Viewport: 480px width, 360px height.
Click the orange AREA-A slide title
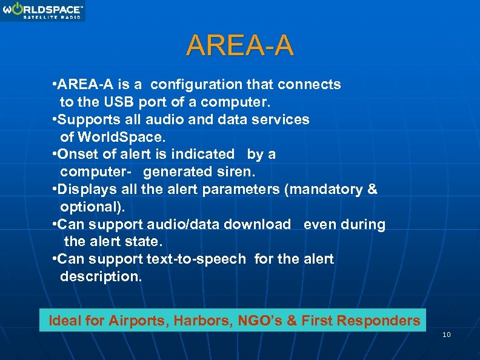[x=240, y=45]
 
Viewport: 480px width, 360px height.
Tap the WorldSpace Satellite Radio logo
[x=43, y=11]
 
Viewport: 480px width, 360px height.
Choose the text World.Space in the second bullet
[x=116, y=137]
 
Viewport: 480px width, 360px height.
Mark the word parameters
[x=244, y=190]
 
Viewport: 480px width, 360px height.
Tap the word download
[x=257, y=225]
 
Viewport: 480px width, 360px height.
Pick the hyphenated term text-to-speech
[x=196, y=259]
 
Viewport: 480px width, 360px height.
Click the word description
[x=101, y=277]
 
